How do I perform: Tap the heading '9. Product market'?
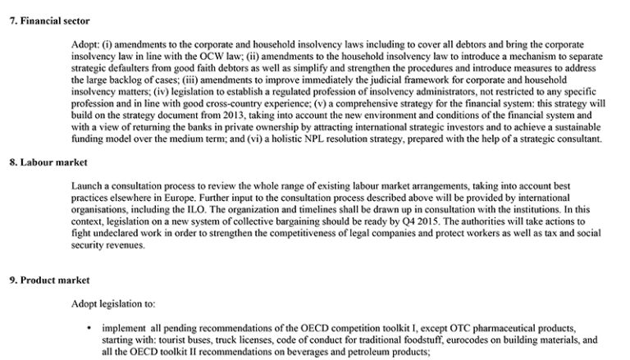click(x=47, y=280)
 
